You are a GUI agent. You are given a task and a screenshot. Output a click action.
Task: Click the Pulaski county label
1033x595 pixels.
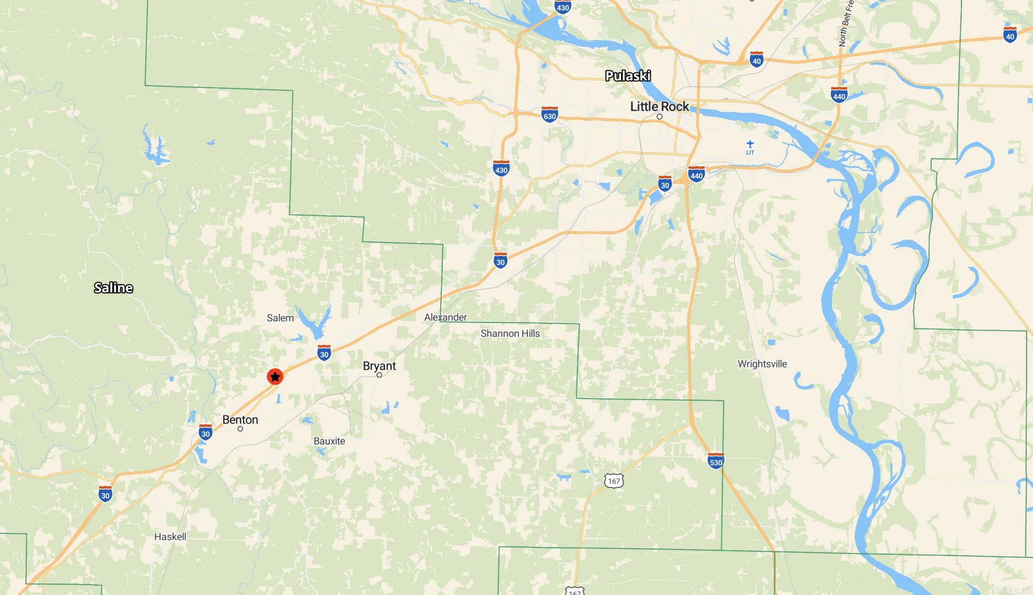pos(628,76)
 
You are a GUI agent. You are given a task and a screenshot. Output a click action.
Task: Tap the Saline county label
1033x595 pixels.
pos(113,288)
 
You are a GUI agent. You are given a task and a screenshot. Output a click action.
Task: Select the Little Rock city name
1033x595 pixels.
pos(659,106)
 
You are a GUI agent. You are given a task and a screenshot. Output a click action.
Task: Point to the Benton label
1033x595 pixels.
pos(240,419)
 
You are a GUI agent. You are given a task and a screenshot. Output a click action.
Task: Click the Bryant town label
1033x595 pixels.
pos(379,365)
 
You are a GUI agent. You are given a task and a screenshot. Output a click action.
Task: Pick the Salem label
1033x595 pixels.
pos(280,318)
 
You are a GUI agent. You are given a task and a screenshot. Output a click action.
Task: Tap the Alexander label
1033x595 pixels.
pos(445,317)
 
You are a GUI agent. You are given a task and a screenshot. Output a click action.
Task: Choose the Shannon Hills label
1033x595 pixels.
pos(510,333)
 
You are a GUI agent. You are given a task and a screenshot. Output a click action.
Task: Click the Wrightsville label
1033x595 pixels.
pos(762,364)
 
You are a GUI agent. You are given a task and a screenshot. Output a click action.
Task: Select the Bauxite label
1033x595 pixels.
pos(329,441)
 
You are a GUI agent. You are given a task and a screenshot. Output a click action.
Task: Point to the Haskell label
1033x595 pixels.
pos(170,536)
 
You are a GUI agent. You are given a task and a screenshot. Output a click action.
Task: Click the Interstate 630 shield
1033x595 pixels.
pos(549,114)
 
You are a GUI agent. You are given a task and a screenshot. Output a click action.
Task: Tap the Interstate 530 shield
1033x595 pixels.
pos(715,461)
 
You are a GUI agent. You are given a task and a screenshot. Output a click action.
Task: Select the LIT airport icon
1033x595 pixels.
pos(750,145)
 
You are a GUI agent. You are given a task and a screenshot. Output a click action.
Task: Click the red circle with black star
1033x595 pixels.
pos(275,377)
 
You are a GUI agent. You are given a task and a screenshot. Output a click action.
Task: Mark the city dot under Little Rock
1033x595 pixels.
pos(659,117)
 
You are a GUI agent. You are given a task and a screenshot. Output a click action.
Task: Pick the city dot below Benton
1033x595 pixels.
pos(240,429)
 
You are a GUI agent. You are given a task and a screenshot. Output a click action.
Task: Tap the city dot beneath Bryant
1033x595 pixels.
pos(379,375)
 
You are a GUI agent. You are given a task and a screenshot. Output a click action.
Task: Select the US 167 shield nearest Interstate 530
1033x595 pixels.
pos(614,480)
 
